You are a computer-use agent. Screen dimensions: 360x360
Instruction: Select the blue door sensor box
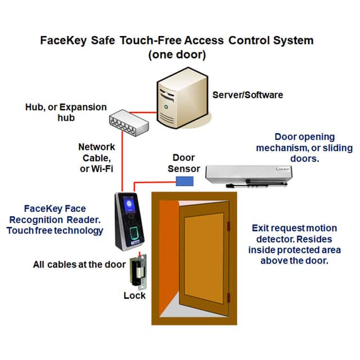(x=184, y=181)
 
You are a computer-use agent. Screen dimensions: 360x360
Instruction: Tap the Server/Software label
(x=247, y=94)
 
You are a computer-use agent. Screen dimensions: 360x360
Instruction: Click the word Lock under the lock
(x=134, y=295)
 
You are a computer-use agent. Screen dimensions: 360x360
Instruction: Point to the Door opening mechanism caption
(x=304, y=148)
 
